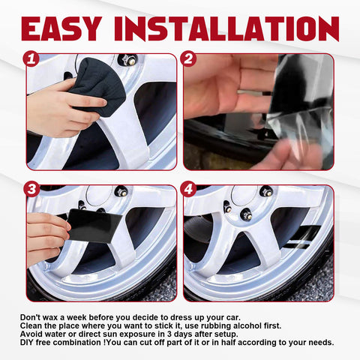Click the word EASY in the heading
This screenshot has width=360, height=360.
coord(61,28)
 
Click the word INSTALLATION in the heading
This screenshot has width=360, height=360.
coord(226,28)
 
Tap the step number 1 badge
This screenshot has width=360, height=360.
coord(31,59)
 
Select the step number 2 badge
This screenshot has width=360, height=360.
coord(188,59)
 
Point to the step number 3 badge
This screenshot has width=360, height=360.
coord(31,189)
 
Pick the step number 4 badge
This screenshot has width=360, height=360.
coord(188,189)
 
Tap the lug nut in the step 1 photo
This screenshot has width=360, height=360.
coord(127,60)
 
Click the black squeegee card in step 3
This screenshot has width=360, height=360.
coord(93,226)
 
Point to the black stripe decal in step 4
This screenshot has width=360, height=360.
coord(303,238)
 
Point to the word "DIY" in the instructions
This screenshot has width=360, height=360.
coord(27,342)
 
